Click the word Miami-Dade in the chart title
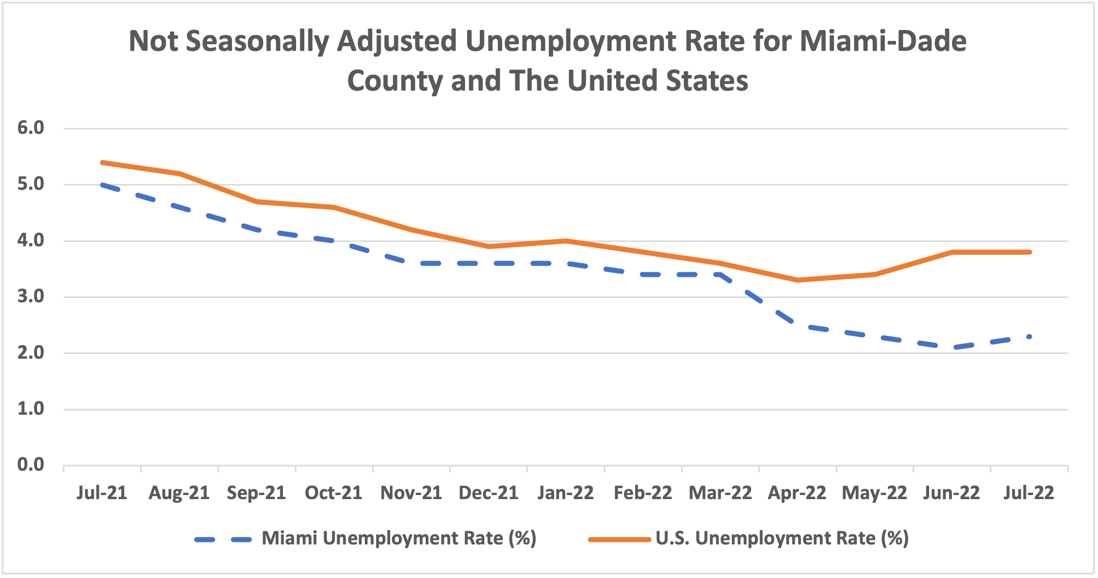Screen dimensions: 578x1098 coord(883,41)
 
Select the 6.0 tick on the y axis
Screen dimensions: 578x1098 coord(31,128)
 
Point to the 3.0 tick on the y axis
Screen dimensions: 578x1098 coord(31,297)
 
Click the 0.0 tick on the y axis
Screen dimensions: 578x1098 coord(31,465)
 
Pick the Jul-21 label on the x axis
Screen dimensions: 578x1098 coord(102,493)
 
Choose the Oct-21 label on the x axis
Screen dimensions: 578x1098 coord(333,493)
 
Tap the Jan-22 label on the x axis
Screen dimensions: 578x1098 coord(565,493)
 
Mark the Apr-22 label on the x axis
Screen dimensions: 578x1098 coord(797,493)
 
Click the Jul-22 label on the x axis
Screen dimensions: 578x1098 coord(1029,493)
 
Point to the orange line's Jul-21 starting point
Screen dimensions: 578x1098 coord(102,162)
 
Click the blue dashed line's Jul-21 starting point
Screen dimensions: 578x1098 coord(102,185)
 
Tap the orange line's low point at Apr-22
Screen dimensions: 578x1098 coord(797,280)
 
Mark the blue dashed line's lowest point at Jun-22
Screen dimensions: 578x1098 coord(952,348)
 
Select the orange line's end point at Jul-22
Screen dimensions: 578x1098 coord(1029,252)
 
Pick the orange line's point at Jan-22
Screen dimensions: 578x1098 coord(566,241)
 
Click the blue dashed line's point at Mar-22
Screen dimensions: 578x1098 coord(720,274)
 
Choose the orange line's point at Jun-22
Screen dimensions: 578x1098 coord(952,252)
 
